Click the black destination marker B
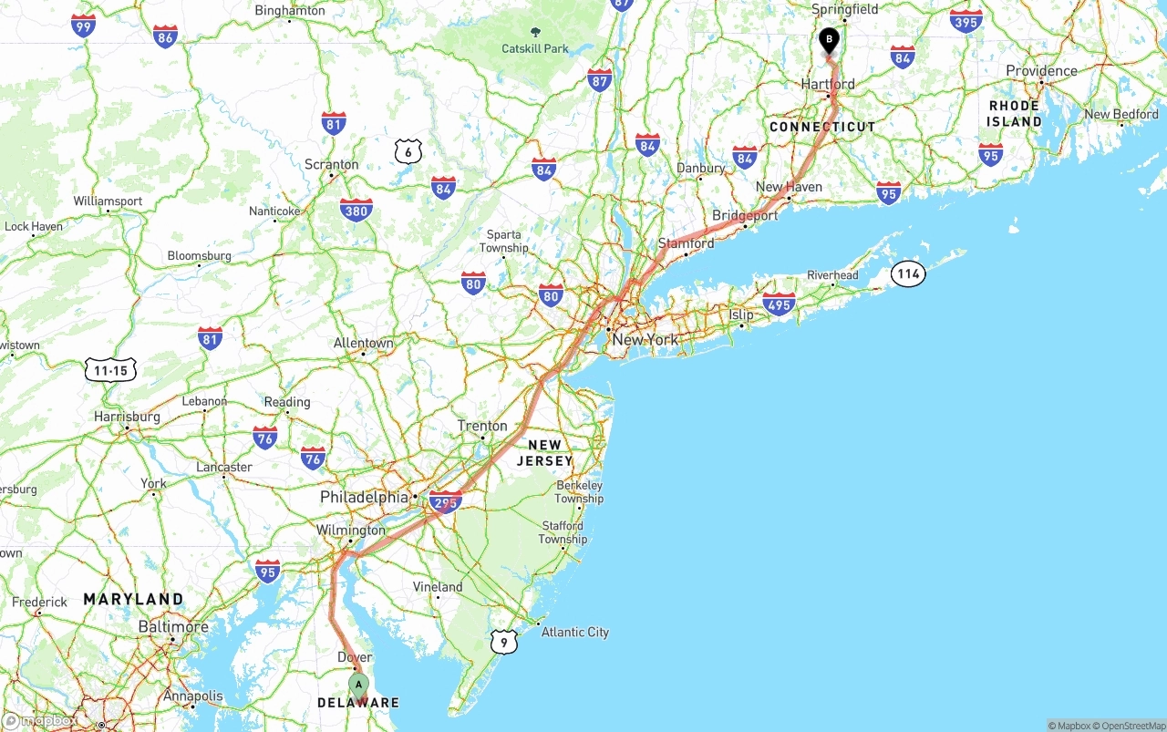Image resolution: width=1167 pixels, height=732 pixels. (x=829, y=40)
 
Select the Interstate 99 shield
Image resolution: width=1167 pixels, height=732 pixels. (x=83, y=26)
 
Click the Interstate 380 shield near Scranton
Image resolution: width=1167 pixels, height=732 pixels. (x=356, y=211)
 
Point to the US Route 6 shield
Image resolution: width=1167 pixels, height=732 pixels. (x=408, y=151)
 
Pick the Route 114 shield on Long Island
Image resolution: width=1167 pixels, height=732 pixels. (x=908, y=273)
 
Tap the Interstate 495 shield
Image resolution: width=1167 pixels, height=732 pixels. (x=779, y=304)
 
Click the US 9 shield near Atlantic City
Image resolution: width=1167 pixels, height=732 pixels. (x=503, y=642)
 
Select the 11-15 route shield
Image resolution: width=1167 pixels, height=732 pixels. (x=110, y=370)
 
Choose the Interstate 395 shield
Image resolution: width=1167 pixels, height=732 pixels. (x=966, y=21)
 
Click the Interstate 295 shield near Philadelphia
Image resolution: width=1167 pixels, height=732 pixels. (x=446, y=501)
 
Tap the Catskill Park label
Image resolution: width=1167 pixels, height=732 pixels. (x=535, y=48)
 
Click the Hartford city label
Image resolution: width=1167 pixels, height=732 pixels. (x=828, y=84)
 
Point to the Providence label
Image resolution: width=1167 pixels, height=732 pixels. (x=1041, y=71)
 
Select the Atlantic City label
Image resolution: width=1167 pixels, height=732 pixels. (x=574, y=632)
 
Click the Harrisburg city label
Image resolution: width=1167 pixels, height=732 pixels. (x=127, y=417)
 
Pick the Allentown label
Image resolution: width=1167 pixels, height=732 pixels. (x=363, y=343)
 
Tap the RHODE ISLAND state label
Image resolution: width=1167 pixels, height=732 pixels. (x=1015, y=113)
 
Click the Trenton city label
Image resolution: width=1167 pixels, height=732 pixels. (x=482, y=426)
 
